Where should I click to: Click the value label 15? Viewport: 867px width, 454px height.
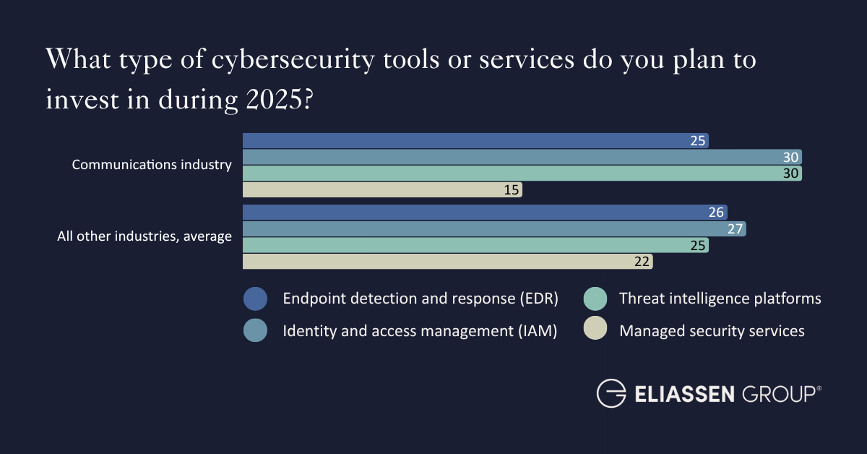[511, 189]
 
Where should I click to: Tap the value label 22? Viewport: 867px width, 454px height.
[642, 261]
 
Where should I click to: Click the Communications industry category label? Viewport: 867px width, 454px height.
[152, 165]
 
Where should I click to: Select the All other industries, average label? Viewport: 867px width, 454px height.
[144, 236]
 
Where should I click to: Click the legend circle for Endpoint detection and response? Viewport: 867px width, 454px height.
[256, 299]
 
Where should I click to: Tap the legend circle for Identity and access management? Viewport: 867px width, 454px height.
[256, 331]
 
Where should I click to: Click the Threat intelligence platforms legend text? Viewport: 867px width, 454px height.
[720, 299]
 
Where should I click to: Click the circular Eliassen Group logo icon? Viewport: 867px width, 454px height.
[611, 393]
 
